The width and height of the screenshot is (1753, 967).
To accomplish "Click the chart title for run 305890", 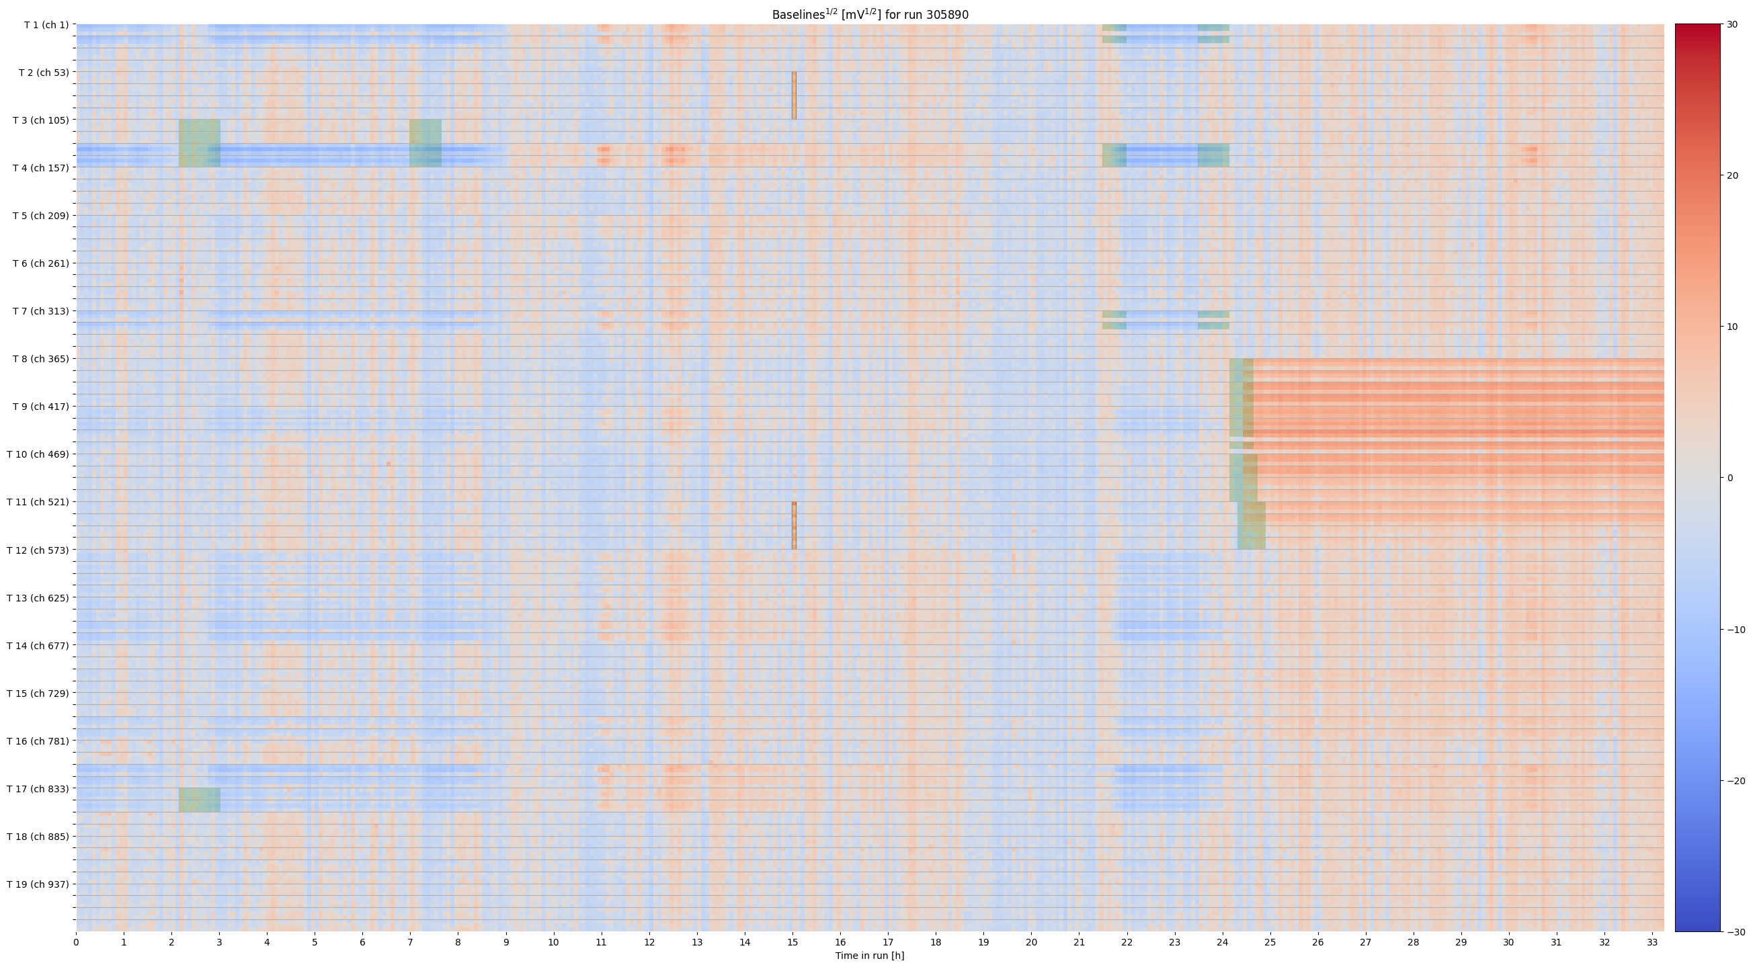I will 870,14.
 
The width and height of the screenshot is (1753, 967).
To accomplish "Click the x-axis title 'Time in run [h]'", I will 870,956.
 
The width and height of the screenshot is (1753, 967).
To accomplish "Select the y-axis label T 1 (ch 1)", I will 46,25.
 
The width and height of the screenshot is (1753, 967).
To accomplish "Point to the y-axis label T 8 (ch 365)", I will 41,359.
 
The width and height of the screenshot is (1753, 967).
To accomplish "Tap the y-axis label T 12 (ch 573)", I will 38,550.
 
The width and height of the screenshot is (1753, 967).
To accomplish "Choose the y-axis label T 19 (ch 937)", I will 38,884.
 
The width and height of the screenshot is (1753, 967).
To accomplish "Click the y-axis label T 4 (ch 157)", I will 41,167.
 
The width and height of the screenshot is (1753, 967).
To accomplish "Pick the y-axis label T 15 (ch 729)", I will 38,693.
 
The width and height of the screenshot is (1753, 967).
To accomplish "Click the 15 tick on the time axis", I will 792,943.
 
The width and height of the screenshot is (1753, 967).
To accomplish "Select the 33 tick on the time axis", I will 1652,943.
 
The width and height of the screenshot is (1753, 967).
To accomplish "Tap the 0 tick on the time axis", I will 76,943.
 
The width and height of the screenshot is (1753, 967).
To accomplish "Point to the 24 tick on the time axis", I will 1223,943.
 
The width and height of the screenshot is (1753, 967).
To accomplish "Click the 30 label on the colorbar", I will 1733,24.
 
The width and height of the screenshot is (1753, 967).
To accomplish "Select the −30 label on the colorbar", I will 1736,931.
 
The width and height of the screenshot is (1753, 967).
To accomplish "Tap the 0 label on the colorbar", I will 1730,478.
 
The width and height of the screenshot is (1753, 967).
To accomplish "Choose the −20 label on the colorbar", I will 1736,781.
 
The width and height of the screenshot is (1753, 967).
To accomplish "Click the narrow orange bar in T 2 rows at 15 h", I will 794,95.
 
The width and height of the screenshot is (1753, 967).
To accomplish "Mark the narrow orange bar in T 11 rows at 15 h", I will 794,525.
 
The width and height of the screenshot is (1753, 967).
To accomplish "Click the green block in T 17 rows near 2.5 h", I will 200,800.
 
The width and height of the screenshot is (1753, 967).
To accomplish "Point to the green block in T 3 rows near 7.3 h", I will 425,143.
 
